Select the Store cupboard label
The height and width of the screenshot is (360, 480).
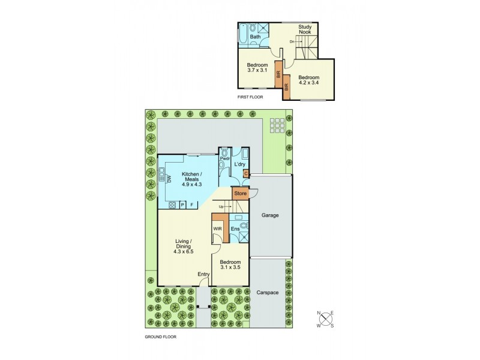[240, 194]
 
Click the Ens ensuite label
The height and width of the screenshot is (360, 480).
[235, 229]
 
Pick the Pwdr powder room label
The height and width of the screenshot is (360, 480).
[225, 158]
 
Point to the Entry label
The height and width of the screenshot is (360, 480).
[204, 275]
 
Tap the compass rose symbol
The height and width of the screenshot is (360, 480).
[326, 319]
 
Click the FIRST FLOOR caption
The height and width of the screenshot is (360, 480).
[251, 97]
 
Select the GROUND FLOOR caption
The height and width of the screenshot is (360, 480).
[160, 337]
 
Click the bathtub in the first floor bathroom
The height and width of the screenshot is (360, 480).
[242, 34]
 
